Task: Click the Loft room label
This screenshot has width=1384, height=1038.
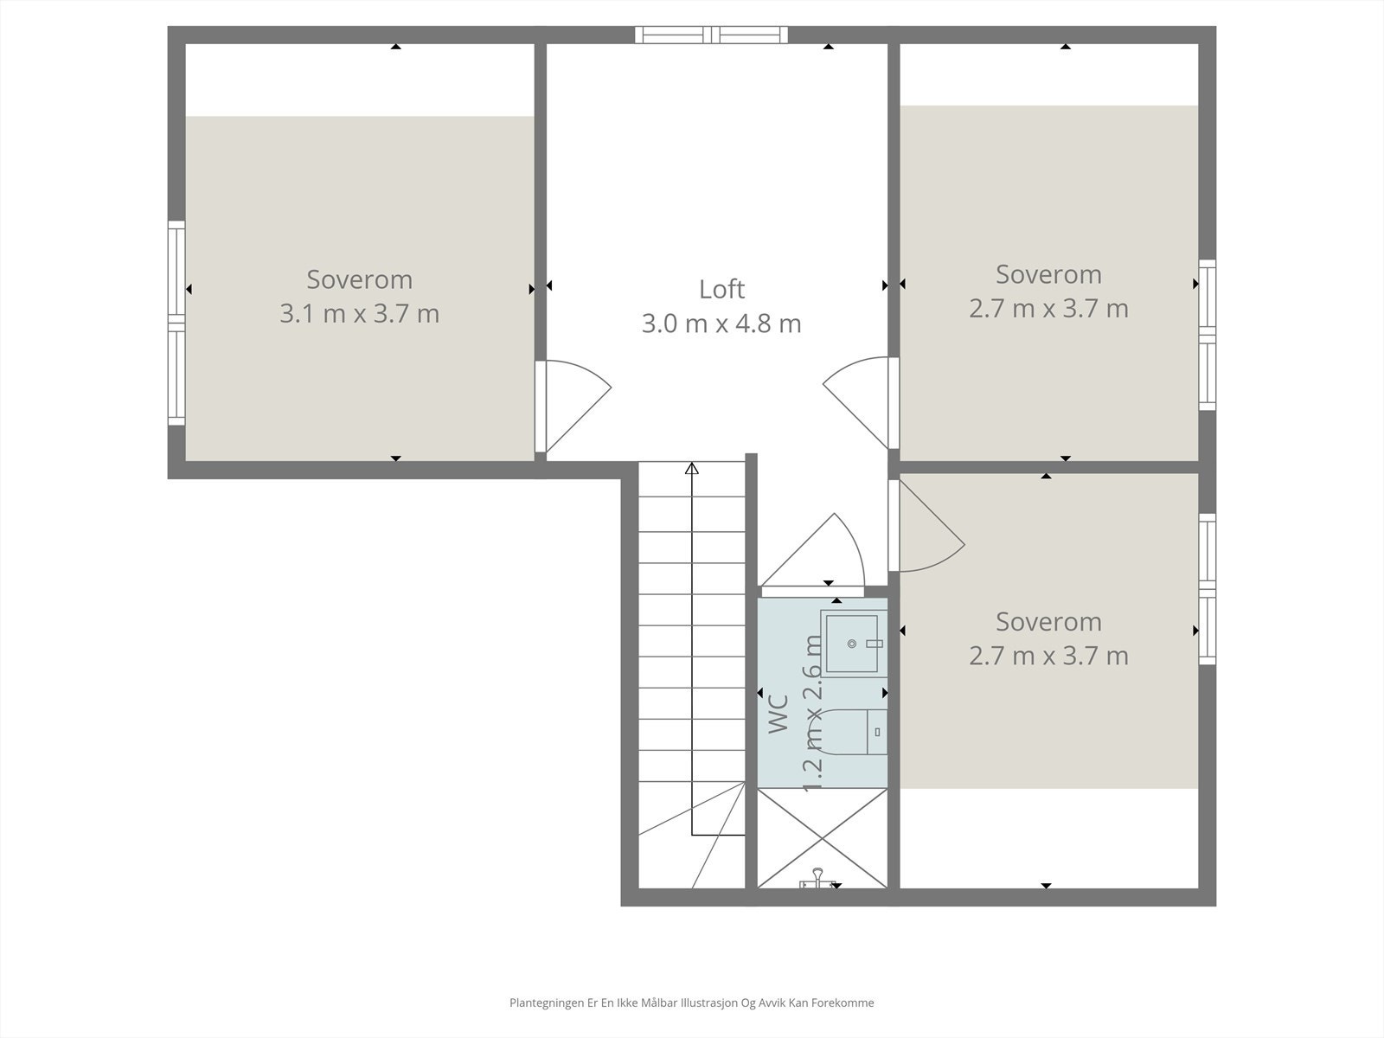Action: click(721, 289)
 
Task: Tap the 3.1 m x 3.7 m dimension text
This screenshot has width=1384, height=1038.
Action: click(359, 313)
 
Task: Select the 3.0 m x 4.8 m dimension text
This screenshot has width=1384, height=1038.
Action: click(721, 324)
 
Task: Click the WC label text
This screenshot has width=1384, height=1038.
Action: click(778, 714)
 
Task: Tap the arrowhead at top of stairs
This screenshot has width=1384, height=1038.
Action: click(691, 469)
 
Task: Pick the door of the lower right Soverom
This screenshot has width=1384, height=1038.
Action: click(927, 528)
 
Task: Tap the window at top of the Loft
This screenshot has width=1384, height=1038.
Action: click(712, 35)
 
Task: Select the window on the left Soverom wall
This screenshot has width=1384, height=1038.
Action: click(176, 323)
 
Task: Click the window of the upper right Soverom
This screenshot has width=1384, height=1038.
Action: click(1207, 335)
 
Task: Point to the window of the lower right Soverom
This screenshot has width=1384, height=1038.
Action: click(1207, 589)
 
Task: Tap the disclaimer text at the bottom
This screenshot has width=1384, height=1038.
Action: click(691, 1003)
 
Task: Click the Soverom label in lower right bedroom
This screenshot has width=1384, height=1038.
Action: click(1048, 621)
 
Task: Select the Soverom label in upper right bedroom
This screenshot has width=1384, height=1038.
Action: click(1048, 274)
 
